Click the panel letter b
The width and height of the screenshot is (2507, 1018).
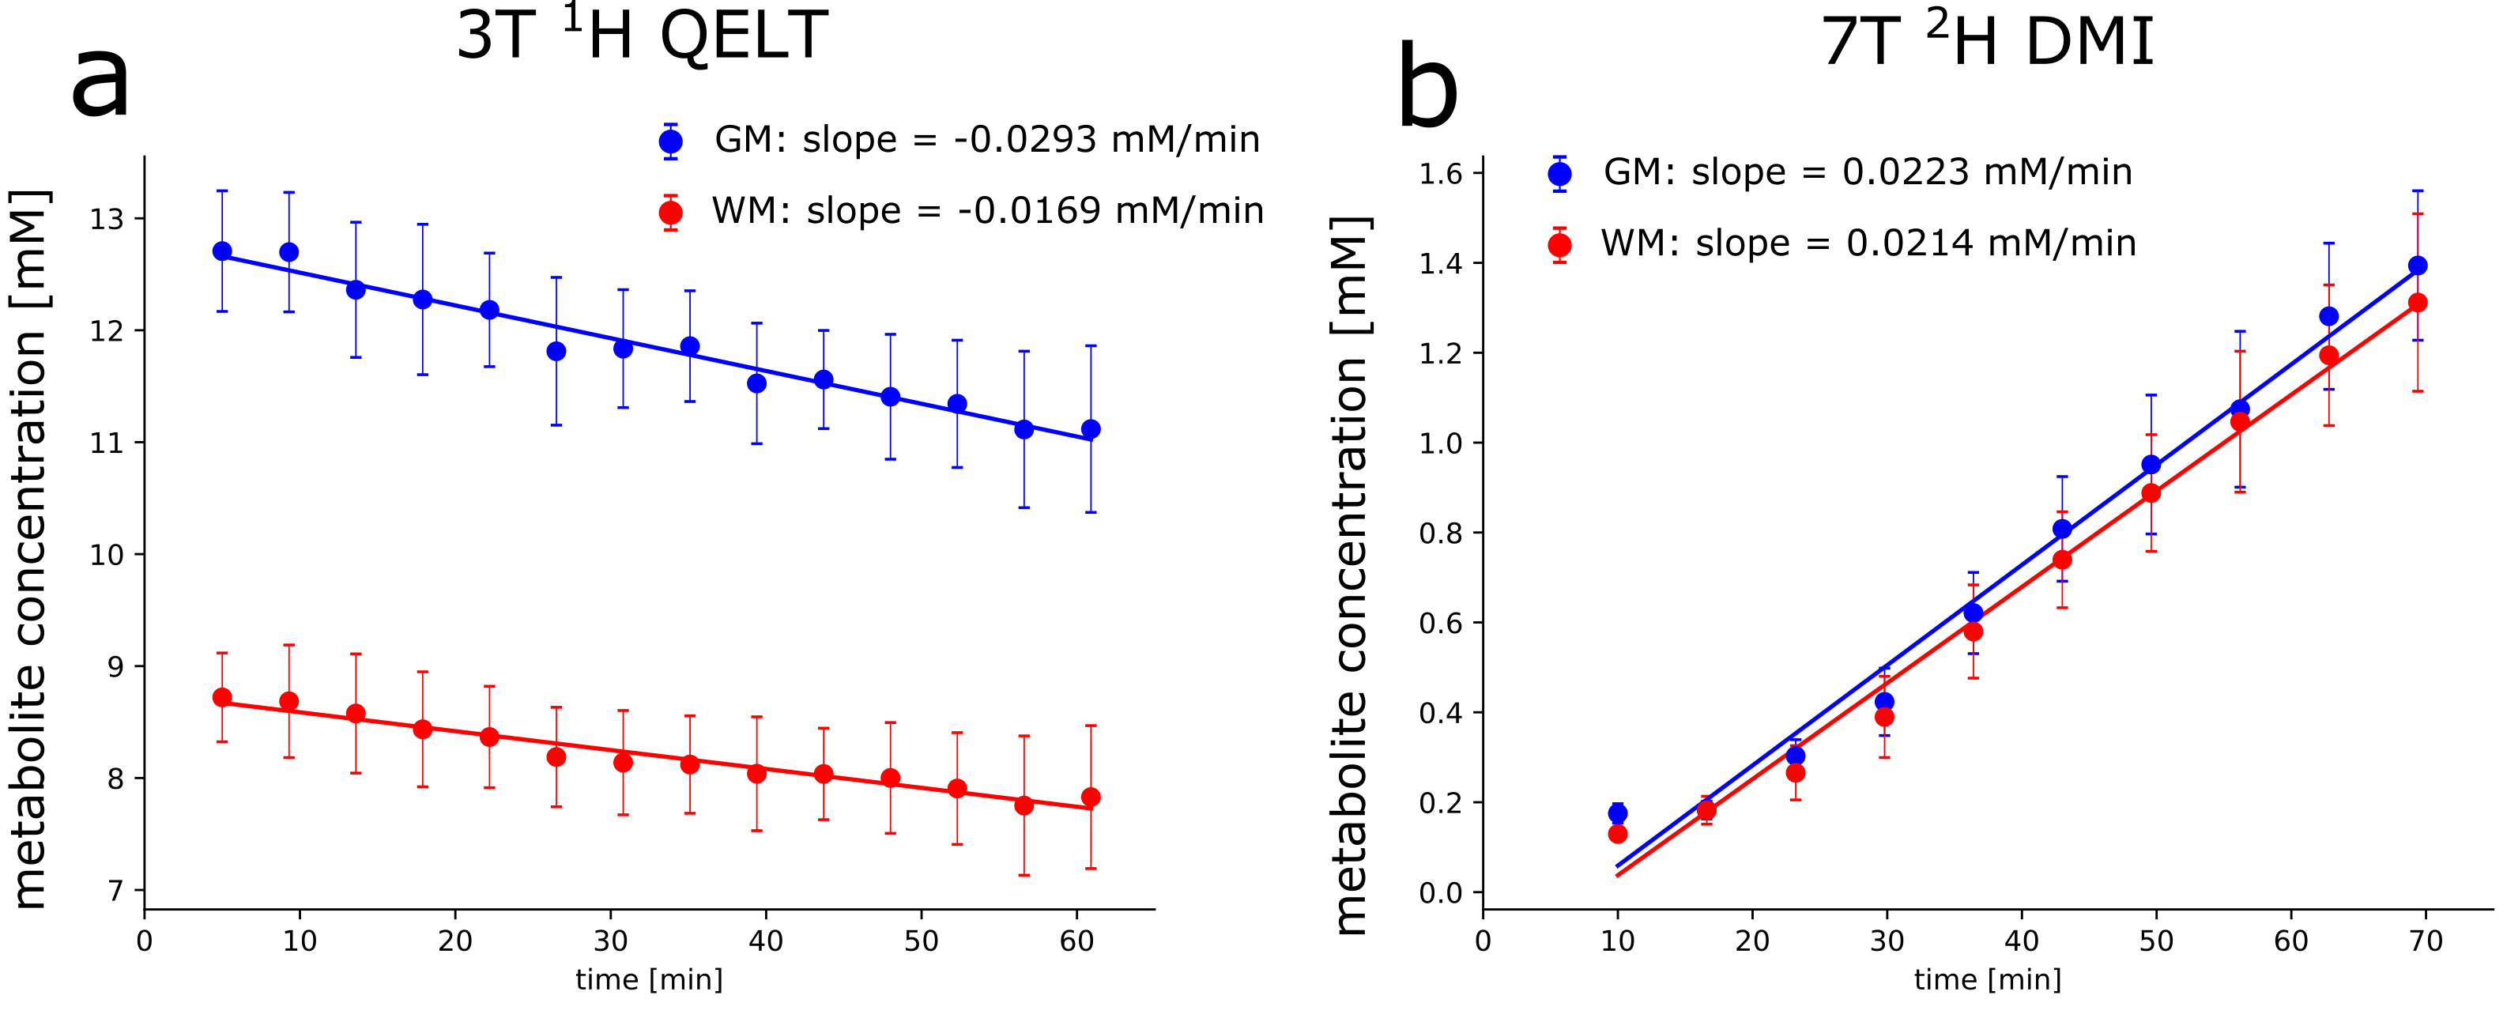click(1427, 89)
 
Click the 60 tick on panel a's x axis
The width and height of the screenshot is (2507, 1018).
click(1076, 941)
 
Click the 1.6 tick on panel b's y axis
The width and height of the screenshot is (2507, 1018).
click(1440, 174)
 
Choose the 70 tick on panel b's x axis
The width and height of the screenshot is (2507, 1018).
click(2426, 941)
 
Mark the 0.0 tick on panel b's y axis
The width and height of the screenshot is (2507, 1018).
click(1440, 892)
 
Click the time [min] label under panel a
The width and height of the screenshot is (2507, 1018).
click(649, 979)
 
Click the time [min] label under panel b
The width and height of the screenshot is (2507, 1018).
click(1987, 979)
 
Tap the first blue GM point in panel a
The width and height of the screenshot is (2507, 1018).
click(222, 251)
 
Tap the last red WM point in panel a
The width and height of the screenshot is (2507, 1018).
click(1091, 797)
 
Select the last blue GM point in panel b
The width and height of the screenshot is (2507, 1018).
click(2418, 266)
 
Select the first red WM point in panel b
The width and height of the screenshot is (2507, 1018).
click(1618, 834)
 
